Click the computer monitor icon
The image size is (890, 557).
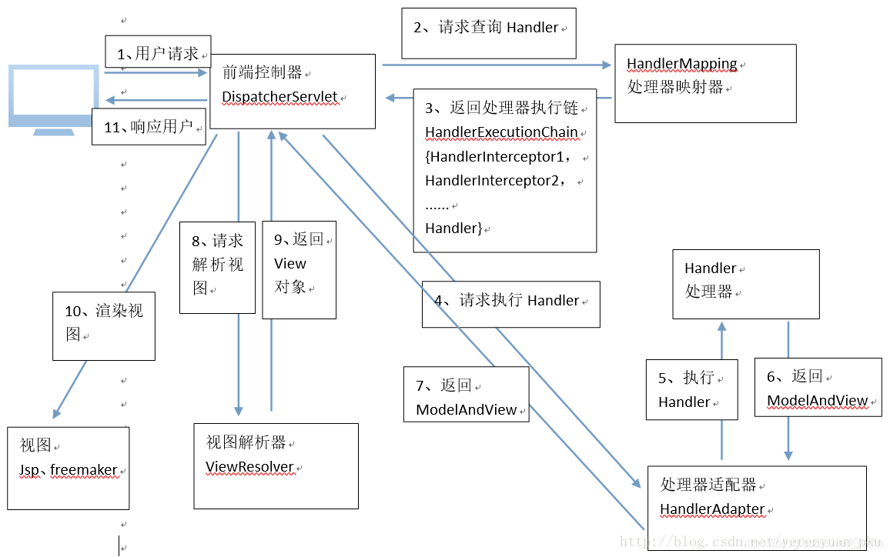coord(53,98)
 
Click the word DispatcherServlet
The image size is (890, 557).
coord(279,97)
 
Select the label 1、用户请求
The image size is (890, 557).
coord(158,54)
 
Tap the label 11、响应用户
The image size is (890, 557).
coord(149,127)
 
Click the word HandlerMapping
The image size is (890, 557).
coord(681,64)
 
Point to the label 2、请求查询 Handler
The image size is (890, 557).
coord(488,28)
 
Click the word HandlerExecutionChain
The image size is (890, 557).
coord(501,132)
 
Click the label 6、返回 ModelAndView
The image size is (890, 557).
coord(818,388)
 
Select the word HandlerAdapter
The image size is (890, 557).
coord(712,509)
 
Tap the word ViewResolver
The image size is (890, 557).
coord(249,467)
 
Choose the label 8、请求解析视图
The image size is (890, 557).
coord(217,265)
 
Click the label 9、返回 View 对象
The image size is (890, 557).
coord(298,264)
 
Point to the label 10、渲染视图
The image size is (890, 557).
coord(103,323)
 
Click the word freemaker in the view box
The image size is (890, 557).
coord(84,469)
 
